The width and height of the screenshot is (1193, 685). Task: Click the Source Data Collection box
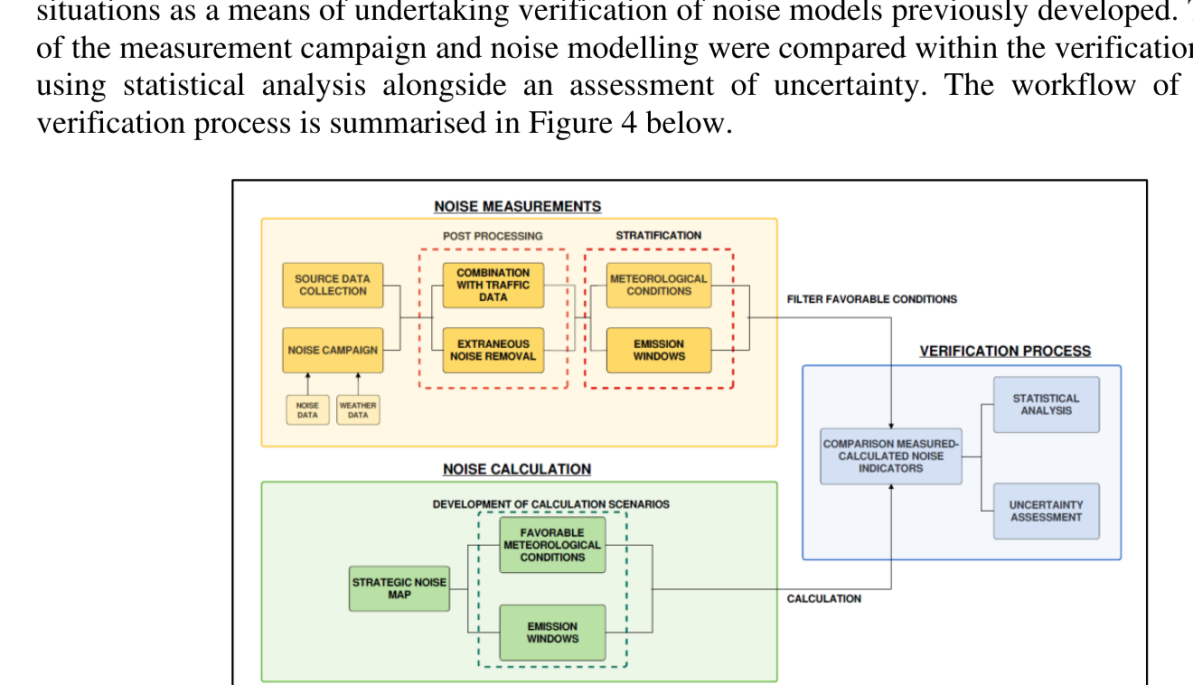coord(333,285)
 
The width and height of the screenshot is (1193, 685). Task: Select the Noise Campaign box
coord(333,350)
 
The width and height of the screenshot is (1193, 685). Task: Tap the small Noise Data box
coord(307,410)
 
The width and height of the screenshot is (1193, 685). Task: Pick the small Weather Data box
coord(358,410)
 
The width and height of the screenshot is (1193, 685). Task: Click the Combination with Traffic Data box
coord(493,285)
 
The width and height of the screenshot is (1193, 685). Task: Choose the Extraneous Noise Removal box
coord(493,350)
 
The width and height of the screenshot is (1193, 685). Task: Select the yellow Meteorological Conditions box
coord(658,285)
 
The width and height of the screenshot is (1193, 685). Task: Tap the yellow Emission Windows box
coord(658,350)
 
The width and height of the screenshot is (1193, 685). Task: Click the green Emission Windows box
coord(552,633)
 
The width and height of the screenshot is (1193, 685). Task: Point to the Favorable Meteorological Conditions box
coord(552,545)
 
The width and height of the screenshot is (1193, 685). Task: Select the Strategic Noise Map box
coord(399,588)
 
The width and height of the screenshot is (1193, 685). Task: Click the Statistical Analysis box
coord(1046,404)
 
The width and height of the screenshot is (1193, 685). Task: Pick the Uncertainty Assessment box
coord(1046,511)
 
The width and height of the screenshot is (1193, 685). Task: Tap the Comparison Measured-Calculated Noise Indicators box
coord(890,456)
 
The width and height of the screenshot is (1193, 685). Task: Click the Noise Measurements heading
coord(517,207)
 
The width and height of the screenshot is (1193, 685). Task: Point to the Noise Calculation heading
coord(517,470)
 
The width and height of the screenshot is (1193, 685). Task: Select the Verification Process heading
coord(1005,352)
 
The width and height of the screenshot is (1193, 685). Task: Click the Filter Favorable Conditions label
coord(871,299)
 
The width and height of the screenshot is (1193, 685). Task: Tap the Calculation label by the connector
coord(823,599)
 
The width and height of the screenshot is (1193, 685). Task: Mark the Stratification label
coord(658,236)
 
